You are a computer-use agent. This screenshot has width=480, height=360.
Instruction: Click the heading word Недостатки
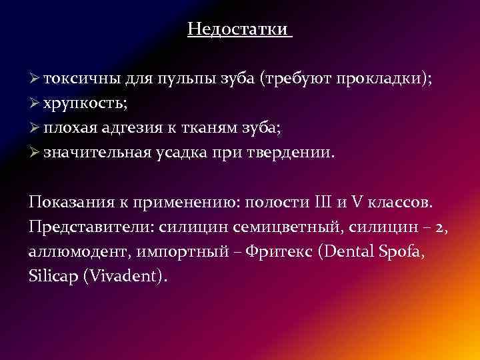[x=238, y=29]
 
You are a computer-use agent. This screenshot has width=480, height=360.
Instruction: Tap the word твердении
[x=291, y=153]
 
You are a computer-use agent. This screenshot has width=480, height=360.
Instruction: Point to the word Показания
[x=68, y=201]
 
